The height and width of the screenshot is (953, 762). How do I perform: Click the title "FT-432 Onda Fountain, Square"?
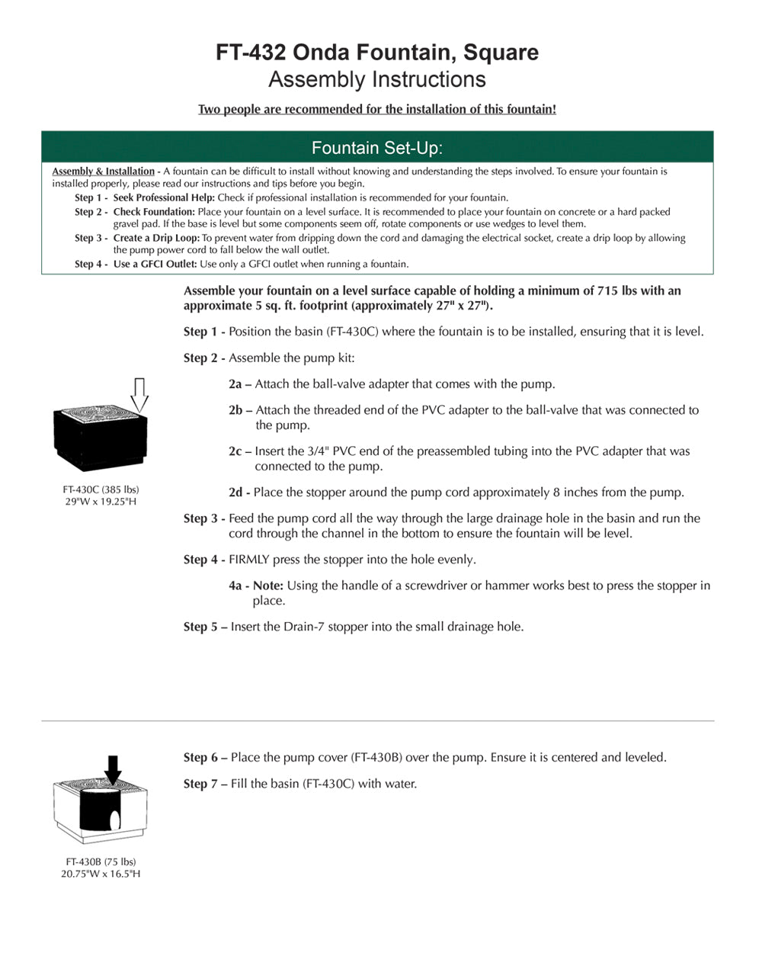pyautogui.click(x=377, y=53)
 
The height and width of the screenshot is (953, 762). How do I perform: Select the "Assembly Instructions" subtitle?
pyautogui.click(x=377, y=80)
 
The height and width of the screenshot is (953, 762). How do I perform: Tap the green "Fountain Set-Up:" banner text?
pyautogui.click(x=377, y=148)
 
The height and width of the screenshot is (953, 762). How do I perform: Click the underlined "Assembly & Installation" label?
pyautogui.click(x=103, y=172)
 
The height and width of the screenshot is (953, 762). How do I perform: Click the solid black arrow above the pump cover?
pyautogui.click(x=113, y=769)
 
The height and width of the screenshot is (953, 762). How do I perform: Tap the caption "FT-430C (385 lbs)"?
pyautogui.click(x=101, y=489)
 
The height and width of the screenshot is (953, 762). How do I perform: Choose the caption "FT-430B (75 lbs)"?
pyautogui.click(x=101, y=862)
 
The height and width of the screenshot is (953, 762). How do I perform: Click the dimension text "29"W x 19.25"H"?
pyautogui.click(x=101, y=502)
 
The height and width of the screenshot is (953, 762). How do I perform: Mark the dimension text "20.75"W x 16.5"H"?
pyautogui.click(x=101, y=874)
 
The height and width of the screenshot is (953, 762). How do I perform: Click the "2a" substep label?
pyautogui.click(x=235, y=384)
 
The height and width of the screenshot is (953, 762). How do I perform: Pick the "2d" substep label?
pyautogui.click(x=235, y=493)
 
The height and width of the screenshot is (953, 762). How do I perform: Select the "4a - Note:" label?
pyautogui.click(x=256, y=586)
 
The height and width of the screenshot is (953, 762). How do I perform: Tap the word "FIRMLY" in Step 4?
pyautogui.click(x=249, y=560)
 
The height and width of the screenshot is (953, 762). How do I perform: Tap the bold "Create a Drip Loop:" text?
pyautogui.click(x=156, y=238)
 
